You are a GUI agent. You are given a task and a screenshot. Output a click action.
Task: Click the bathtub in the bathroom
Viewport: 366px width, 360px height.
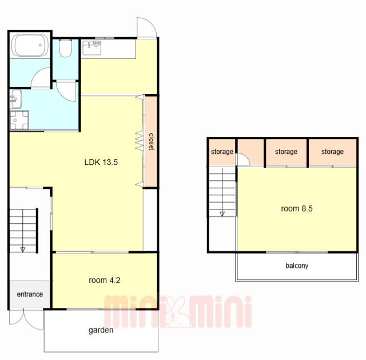pyautogui.click(x=30, y=45)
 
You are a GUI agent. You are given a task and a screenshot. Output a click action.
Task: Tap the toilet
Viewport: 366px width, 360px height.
pyautogui.click(x=65, y=48)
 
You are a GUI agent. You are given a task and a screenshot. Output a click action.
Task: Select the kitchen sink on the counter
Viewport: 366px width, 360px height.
pyautogui.click(x=91, y=48)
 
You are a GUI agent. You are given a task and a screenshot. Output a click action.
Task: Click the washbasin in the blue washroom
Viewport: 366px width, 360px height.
pyautogui.click(x=16, y=99)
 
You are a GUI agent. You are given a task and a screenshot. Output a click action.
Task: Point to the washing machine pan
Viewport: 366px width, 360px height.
pyautogui.click(x=19, y=120)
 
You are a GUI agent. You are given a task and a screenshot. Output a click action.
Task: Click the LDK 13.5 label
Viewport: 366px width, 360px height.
pyautogui.click(x=101, y=162)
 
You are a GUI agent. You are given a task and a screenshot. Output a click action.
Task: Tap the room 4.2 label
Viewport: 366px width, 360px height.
pyautogui.click(x=104, y=280)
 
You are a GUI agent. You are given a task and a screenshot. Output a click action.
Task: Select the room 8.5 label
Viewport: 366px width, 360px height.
pyautogui.click(x=297, y=208)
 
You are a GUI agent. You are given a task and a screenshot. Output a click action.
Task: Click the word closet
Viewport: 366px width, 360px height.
pyautogui.click(x=152, y=141)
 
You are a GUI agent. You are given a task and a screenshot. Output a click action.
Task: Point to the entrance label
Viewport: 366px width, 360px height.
pyautogui.click(x=30, y=294)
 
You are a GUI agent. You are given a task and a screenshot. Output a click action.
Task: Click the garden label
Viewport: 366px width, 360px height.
pyautogui.click(x=101, y=330)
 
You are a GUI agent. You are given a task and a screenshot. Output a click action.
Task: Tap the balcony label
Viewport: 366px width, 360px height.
pyautogui.click(x=297, y=266)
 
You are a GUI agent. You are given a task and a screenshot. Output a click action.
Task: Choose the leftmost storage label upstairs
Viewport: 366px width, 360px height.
pyautogui.click(x=222, y=152)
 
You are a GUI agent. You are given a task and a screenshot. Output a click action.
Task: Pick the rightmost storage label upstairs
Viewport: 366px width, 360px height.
pyautogui.click(x=332, y=152)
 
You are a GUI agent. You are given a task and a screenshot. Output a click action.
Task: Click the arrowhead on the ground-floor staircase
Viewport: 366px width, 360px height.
pyautogui.click(x=23, y=250)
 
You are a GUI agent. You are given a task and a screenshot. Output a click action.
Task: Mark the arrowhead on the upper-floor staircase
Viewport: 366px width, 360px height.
pyautogui.click(x=222, y=214)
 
